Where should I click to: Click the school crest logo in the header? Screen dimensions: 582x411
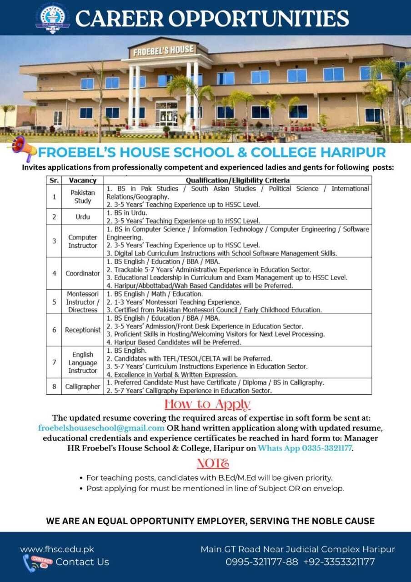(x=53, y=18)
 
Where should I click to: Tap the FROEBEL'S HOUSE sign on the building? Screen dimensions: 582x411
(x=163, y=50)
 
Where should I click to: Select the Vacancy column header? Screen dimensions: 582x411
(x=82, y=181)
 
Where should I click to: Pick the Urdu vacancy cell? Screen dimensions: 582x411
(x=82, y=217)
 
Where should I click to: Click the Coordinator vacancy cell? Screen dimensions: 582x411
(x=82, y=273)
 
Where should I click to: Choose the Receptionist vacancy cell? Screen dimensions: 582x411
(x=82, y=330)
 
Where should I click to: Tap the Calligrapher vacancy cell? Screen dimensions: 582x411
(x=82, y=386)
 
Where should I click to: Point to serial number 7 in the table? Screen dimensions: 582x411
(x=54, y=362)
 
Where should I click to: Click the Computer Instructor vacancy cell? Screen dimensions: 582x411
(x=82, y=241)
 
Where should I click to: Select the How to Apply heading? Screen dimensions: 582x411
(x=207, y=404)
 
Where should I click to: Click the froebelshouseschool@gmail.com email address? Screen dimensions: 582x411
(x=101, y=428)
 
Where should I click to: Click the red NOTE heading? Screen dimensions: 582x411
(x=212, y=463)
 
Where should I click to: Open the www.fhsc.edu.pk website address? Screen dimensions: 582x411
(x=57, y=549)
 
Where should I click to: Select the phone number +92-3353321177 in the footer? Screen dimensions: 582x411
(x=339, y=562)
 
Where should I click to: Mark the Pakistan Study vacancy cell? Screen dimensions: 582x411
(x=82, y=197)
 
